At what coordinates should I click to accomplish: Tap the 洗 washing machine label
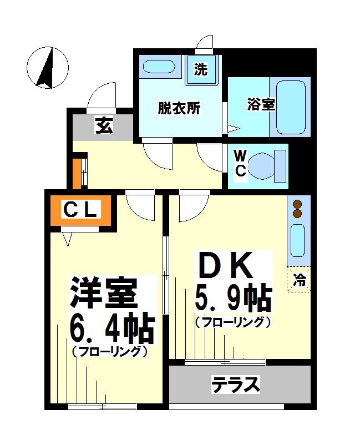201,69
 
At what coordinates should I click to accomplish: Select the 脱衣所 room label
179,108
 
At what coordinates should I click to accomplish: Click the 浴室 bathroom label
261,104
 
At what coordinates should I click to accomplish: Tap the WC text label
240,163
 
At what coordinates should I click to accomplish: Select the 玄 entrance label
103,126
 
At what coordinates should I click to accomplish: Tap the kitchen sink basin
298,241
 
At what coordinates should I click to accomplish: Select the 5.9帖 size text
232,299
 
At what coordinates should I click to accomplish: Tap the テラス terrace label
236,384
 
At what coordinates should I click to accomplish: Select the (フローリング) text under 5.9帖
232,322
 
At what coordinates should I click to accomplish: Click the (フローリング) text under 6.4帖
109,351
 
